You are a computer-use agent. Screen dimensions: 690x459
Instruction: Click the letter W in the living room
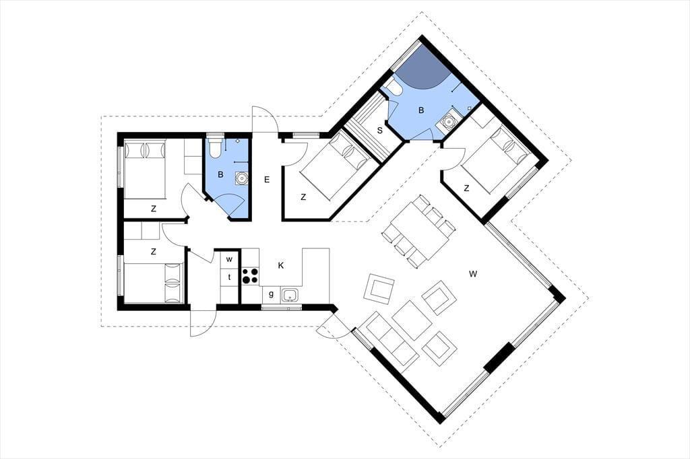(473, 275)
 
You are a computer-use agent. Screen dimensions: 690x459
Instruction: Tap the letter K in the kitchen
(281, 266)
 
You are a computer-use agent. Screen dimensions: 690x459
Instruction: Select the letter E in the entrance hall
(267, 180)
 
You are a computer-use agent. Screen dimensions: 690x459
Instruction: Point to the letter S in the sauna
(380, 131)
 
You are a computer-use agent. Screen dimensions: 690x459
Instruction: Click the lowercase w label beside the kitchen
(229, 259)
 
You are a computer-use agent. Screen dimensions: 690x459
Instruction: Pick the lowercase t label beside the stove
(229, 277)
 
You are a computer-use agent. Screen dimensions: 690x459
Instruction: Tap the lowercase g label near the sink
(271, 294)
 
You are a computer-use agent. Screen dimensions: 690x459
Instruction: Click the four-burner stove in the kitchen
(250, 276)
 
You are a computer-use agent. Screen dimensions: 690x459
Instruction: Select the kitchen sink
(290, 295)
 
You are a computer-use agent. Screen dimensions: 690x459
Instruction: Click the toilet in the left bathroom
(215, 149)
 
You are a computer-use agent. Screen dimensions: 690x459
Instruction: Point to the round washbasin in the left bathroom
(241, 178)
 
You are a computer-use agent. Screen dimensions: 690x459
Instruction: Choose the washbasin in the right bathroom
(448, 120)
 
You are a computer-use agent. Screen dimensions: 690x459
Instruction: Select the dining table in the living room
(418, 231)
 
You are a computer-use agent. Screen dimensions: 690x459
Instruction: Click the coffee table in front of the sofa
(412, 320)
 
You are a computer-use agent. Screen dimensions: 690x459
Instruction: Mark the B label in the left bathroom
(220, 174)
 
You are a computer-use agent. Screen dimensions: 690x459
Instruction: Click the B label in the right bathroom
(421, 110)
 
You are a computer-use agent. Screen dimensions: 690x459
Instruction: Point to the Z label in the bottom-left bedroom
(154, 252)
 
